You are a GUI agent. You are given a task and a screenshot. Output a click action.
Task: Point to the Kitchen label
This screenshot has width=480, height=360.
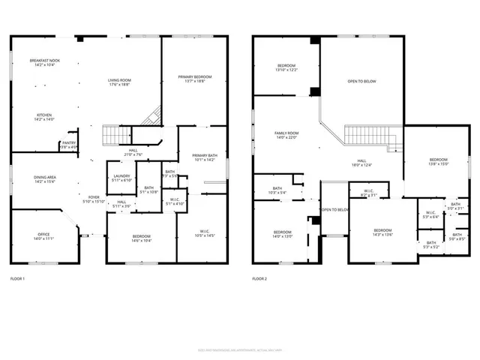point(43,118)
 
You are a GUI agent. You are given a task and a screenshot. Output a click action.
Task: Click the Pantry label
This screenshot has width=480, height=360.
point(68,145)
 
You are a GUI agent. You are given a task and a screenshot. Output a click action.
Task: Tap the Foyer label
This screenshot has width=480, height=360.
point(89,199)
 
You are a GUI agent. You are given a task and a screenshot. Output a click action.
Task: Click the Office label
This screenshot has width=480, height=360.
point(43,236)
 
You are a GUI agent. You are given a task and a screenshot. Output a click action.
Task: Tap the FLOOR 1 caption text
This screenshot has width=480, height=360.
point(17,279)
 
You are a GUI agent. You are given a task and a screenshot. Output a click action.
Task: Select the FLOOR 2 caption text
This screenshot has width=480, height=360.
point(259,279)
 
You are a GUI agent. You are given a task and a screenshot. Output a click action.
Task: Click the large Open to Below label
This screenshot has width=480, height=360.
point(361,82)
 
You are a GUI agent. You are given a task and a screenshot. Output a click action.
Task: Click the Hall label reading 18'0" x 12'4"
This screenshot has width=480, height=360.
point(361,163)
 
